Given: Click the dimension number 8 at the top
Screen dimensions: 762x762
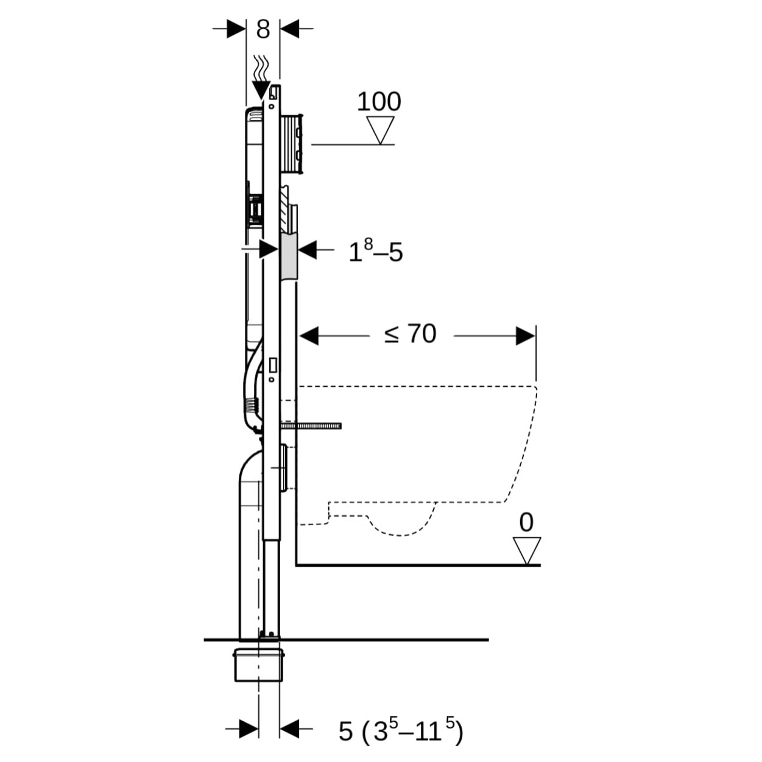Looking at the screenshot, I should click(x=263, y=29).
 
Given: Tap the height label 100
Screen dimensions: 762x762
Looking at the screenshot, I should click(x=378, y=102).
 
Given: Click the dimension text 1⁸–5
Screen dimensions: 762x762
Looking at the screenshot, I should click(x=375, y=251).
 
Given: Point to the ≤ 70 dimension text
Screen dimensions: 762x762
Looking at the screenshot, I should click(x=411, y=334).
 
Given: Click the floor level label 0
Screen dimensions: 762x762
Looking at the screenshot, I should click(x=526, y=523).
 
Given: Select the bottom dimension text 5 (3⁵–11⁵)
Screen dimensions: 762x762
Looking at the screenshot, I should click(x=401, y=730).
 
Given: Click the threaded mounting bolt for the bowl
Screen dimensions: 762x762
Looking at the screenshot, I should click(x=314, y=425).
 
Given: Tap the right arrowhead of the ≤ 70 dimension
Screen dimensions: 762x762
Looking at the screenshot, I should click(x=526, y=336).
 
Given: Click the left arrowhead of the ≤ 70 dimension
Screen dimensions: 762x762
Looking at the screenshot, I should click(x=309, y=336).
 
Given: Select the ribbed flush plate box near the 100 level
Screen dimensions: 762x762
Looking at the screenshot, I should click(x=292, y=143).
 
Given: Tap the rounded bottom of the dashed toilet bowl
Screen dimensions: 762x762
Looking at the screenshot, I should click(x=403, y=527).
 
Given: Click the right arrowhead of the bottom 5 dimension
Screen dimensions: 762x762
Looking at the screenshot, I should click(x=289, y=728).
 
